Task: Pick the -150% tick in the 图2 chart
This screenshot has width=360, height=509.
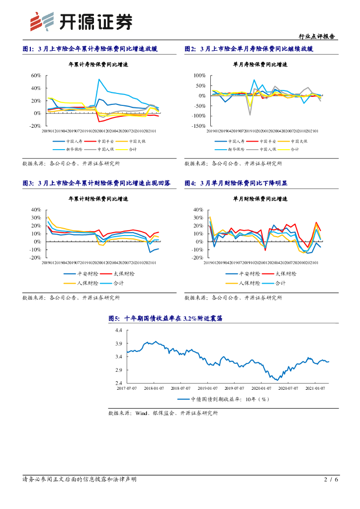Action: tap(197, 126)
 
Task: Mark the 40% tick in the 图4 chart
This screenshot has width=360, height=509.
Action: tap(198, 210)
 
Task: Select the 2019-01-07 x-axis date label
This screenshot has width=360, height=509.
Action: tap(207, 388)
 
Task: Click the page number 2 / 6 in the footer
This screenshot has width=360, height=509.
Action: tap(331, 480)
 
